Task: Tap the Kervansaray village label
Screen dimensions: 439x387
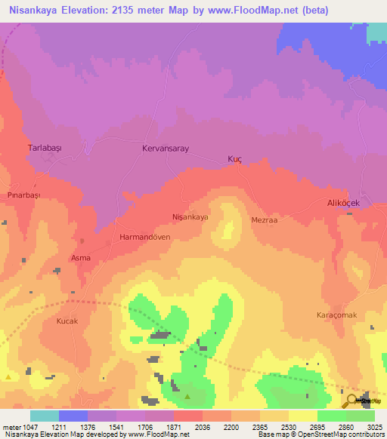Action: coord(165,149)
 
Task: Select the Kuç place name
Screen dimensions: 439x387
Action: coord(234,160)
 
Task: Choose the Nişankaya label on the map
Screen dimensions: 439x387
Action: coord(190,216)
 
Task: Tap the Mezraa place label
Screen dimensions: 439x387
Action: coord(265,220)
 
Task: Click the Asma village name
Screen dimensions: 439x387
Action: coord(81,258)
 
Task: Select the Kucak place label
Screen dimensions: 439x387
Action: coord(68,321)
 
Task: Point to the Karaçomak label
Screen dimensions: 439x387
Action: coord(335,315)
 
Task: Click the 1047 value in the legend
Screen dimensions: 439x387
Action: coord(29,426)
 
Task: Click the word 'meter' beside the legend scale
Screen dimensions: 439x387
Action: coord(10,426)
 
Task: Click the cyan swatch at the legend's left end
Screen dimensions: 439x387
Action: coord(45,416)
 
